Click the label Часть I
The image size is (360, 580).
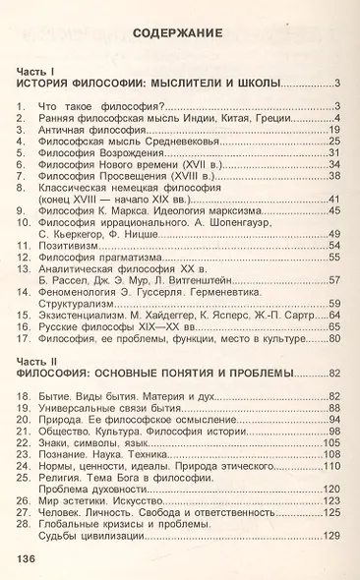click(x=37, y=72)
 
